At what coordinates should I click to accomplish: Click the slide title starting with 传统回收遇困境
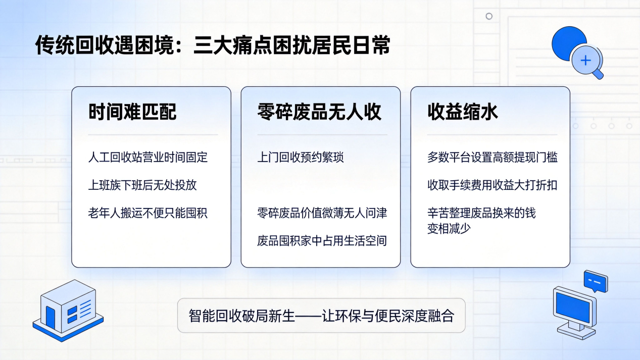point(213,45)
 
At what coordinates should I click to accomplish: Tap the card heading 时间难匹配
point(132,112)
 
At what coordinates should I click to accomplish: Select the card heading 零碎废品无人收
point(319,112)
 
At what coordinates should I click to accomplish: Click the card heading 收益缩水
point(463,112)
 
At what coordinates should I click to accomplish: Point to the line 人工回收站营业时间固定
point(147,158)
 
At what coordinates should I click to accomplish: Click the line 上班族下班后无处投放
point(142,185)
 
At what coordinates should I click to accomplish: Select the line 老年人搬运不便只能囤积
point(147,213)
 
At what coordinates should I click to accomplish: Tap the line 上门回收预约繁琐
point(300,158)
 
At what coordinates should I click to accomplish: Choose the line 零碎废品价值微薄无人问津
point(322,213)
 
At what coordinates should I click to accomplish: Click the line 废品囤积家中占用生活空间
point(322,241)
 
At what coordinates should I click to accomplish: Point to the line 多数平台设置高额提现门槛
point(493,158)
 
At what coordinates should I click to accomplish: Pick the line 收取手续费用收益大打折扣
point(493,185)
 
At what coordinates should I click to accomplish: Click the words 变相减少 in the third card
point(449,228)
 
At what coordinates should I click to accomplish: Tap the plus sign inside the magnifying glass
point(586,60)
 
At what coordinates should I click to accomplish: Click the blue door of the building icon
point(51,318)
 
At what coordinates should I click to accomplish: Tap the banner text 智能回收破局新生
point(241,316)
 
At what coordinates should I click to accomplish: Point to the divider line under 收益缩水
point(493,134)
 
